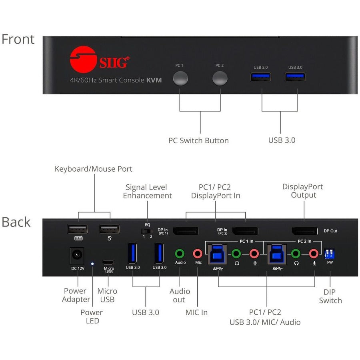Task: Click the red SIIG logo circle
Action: point(83,60)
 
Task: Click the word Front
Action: point(18,40)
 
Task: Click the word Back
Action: point(16,222)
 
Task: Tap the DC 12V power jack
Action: point(77,255)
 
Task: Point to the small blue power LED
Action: point(92,264)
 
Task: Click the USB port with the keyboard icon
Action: point(78,229)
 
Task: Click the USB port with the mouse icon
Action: point(109,229)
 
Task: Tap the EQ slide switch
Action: point(147,231)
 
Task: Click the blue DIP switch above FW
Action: point(330,254)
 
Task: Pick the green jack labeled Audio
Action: point(180,253)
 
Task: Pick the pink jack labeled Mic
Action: point(198,253)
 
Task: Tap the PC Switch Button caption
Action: point(198,140)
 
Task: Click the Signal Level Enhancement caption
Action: point(147,191)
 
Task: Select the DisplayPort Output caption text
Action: point(302,191)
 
